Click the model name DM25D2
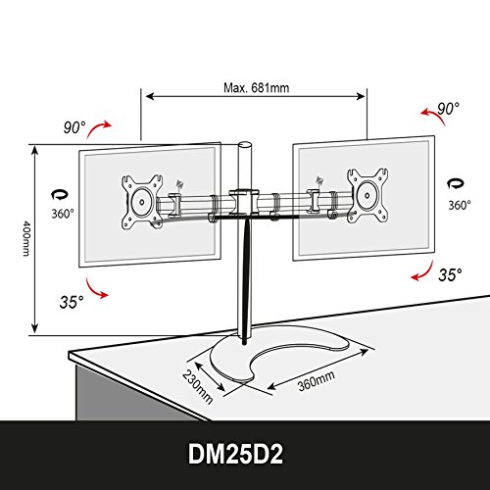(x=235, y=454)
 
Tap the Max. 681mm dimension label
(x=257, y=88)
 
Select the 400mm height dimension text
(x=26, y=238)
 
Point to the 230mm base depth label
(x=198, y=386)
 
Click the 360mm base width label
(x=317, y=381)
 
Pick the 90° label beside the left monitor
(x=74, y=127)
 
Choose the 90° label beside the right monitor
(x=448, y=109)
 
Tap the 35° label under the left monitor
(x=72, y=302)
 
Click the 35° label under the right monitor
(x=450, y=274)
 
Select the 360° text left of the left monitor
(x=63, y=214)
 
